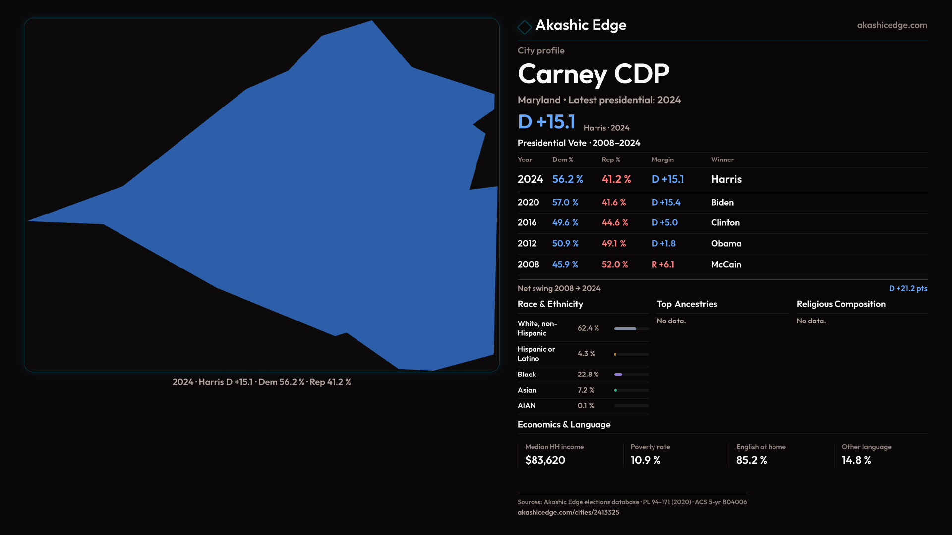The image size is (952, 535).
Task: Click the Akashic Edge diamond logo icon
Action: click(524, 27)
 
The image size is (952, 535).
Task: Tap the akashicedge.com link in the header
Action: click(892, 25)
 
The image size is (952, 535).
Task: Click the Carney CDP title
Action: click(593, 74)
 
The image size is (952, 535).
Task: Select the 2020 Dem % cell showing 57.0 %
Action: click(565, 202)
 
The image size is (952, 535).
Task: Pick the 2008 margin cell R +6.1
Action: click(662, 264)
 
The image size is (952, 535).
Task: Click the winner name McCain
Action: click(726, 264)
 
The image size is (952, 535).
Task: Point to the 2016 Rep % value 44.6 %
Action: click(614, 222)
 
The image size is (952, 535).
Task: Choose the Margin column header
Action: click(662, 160)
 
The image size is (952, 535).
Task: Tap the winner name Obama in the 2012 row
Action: click(726, 243)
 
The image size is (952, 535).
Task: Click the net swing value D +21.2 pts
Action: click(908, 288)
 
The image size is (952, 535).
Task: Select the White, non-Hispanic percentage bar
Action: click(631, 328)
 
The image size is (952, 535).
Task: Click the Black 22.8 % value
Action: click(588, 374)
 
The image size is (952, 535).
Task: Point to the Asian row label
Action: click(527, 390)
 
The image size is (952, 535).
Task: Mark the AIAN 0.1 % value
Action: click(585, 405)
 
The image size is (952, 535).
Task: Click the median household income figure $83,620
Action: click(545, 460)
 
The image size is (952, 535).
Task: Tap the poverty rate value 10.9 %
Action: click(645, 460)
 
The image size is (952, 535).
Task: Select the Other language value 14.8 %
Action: click(856, 460)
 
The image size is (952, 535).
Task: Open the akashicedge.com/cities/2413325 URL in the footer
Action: click(568, 512)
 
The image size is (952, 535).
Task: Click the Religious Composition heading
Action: click(841, 304)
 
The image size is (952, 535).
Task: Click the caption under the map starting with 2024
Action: click(261, 382)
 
